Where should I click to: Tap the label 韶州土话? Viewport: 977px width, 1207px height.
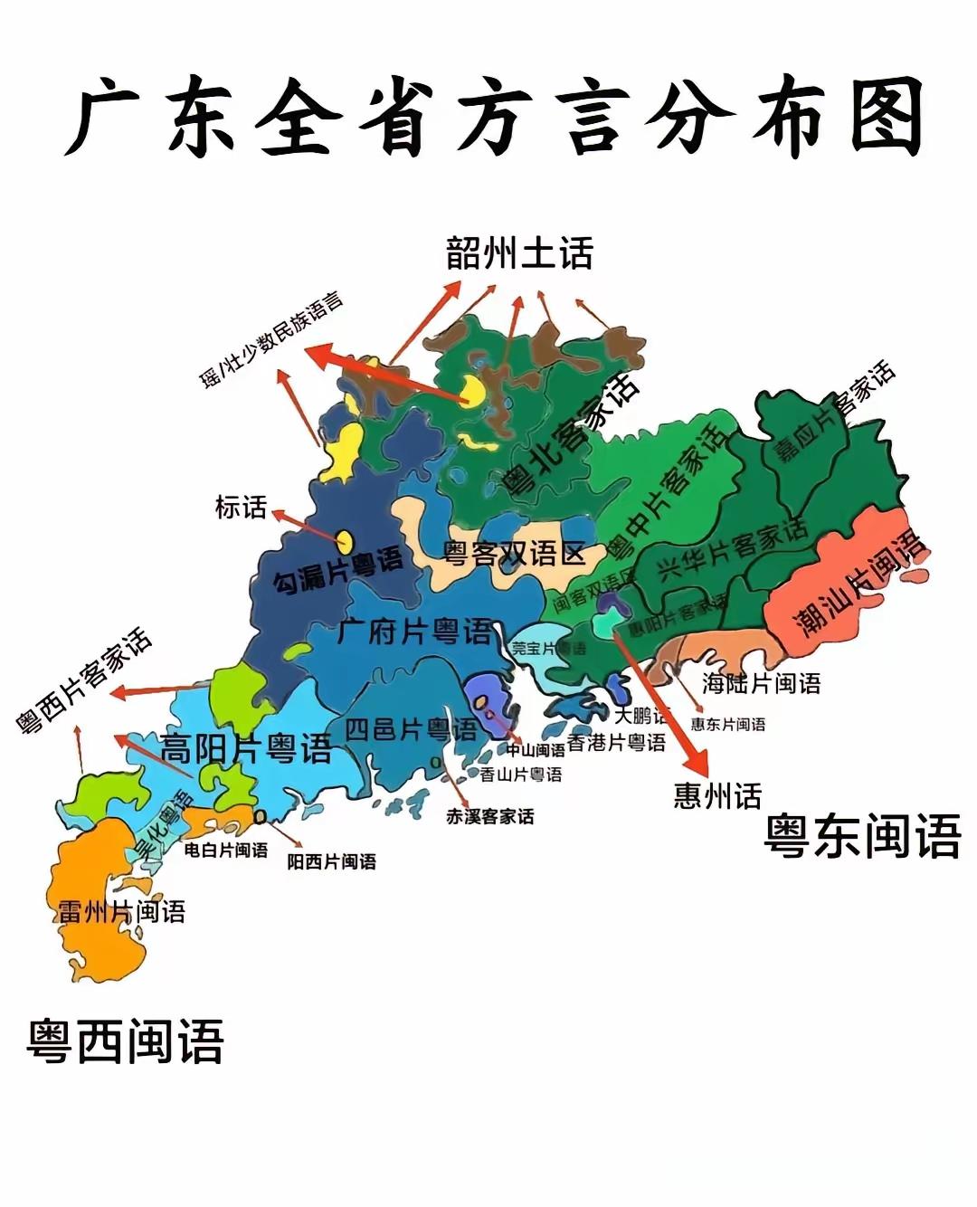519,254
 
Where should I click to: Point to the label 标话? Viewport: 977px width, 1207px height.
241,508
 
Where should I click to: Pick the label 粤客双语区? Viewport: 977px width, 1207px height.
514,553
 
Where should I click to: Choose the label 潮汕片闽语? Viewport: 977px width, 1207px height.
859,584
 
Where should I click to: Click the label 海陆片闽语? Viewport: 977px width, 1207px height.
761,683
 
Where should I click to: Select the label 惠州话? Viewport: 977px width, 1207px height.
717,796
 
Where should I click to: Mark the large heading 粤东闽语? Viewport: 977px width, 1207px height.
862,835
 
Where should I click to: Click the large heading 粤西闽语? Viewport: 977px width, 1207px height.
125,1041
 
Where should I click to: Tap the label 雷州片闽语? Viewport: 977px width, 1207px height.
121,911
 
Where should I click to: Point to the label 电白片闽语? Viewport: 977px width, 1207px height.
225,850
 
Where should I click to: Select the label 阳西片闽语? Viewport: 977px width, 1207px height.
331,861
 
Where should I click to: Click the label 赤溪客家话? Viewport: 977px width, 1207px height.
489,816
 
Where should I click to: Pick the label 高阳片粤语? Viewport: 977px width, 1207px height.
246,749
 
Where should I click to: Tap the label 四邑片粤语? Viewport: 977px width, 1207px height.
411,729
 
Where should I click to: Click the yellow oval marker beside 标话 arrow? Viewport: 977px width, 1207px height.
345,540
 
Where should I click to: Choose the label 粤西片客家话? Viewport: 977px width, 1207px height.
84,680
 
